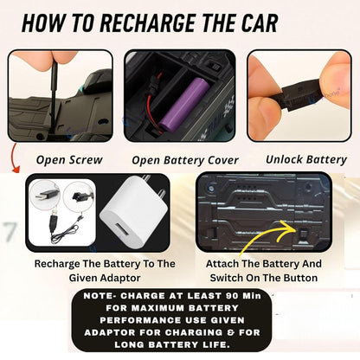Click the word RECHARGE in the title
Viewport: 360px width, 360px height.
[149, 22]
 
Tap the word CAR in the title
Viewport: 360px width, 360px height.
[260, 22]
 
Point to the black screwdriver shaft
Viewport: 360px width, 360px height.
[54, 96]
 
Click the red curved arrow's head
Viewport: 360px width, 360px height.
[16, 170]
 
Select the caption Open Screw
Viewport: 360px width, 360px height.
[69, 160]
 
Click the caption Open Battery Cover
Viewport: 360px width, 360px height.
[185, 160]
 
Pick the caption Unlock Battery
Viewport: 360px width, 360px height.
[306, 159]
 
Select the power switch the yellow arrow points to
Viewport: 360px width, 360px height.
[302, 234]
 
